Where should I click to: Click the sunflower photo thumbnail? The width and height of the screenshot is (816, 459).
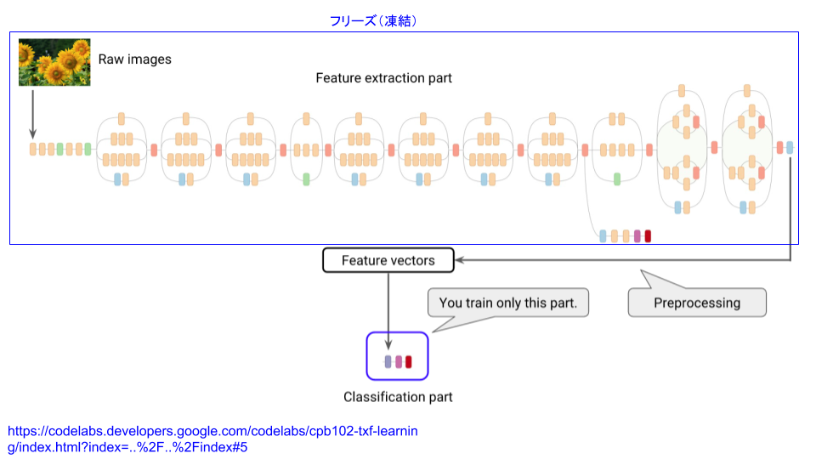pyautogui.click(x=54, y=62)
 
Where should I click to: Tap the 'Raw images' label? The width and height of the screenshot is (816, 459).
pyautogui.click(x=135, y=59)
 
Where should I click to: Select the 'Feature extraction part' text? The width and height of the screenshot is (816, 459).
pyautogui.click(x=383, y=78)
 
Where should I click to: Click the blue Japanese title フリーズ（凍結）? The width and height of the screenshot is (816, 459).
pyautogui.click(x=373, y=20)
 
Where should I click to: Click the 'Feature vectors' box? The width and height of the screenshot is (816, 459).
pyautogui.click(x=388, y=260)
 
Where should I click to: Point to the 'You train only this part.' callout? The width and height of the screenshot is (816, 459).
pyautogui.click(x=508, y=303)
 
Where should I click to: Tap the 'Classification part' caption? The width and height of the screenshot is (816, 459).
pyautogui.click(x=398, y=397)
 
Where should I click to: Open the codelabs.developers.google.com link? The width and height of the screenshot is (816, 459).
pyautogui.click(x=212, y=439)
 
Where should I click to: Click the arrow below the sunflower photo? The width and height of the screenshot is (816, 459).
pyautogui.click(x=33, y=115)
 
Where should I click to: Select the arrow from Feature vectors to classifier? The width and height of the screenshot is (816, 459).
pyautogui.click(x=388, y=311)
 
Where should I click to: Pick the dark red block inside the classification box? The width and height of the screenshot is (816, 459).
pyautogui.click(x=409, y=362)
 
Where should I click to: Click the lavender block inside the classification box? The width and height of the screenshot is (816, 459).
pyautogui.click(x=388, y=362)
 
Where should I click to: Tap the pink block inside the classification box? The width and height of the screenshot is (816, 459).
pyautogui.click(x=399, y=362)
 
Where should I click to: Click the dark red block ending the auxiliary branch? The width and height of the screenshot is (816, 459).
pyautogui.click(x=648, y=236)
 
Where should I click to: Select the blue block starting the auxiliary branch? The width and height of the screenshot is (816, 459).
pyautogui.click(x=603, y=236)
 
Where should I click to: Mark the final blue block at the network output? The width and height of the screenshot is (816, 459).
pyautogui.click(x=790, y=148)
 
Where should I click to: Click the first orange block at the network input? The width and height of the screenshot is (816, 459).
pyautogui.click(x=33, y=150)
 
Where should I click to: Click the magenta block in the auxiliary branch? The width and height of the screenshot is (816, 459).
pyautogui.click(x=637, y=236)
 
